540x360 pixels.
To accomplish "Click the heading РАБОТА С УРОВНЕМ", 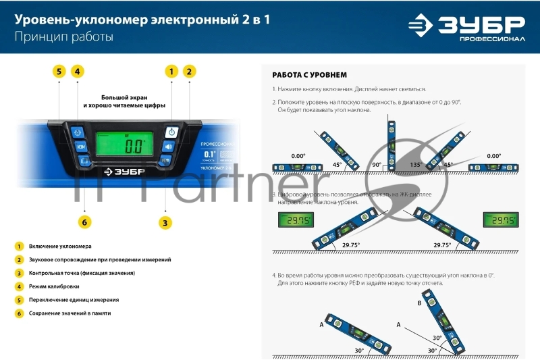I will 309,75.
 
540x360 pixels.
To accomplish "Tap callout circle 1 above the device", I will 171,71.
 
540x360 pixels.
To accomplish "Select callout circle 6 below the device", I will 84,222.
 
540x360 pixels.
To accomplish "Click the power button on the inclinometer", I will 171,132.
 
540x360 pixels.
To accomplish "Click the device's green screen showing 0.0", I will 128,144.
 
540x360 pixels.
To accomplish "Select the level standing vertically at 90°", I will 390,143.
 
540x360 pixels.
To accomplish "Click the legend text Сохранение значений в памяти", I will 70,313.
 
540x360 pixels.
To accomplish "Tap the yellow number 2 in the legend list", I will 20,259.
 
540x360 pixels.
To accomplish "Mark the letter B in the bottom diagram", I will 419,303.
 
